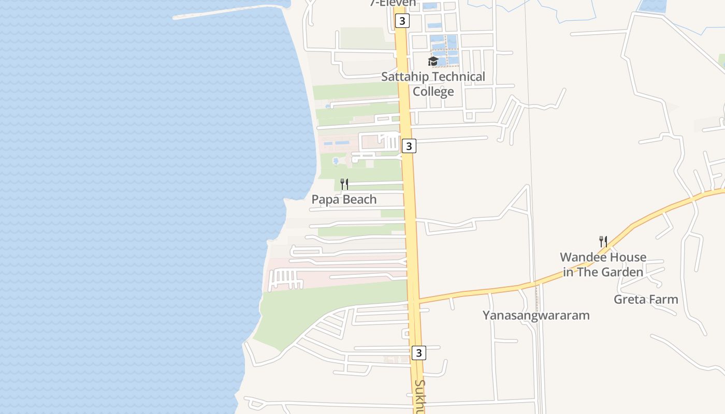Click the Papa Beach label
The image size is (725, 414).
[x=344, y=199]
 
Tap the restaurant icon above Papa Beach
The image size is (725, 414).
[x=344, y=184]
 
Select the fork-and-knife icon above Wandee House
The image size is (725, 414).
[x=603, y=241]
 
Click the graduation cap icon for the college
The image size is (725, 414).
[x=433, y=62]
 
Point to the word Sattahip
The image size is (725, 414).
[x=405, y=77]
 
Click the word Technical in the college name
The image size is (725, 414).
[x=459, y=77]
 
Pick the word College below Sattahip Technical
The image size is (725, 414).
[x=433, y=92]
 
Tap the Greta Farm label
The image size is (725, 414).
[x=646, y=299]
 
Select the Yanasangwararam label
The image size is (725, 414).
[x=536, y=315]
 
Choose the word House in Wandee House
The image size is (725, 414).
[x=628, y=257]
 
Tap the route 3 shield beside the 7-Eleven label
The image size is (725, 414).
[x=402, y=21]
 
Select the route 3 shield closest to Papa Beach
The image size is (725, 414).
[x=409, y=146]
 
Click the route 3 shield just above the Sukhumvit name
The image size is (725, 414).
[x=418, y=353]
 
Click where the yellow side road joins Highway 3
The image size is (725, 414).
[x=419, y=300]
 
